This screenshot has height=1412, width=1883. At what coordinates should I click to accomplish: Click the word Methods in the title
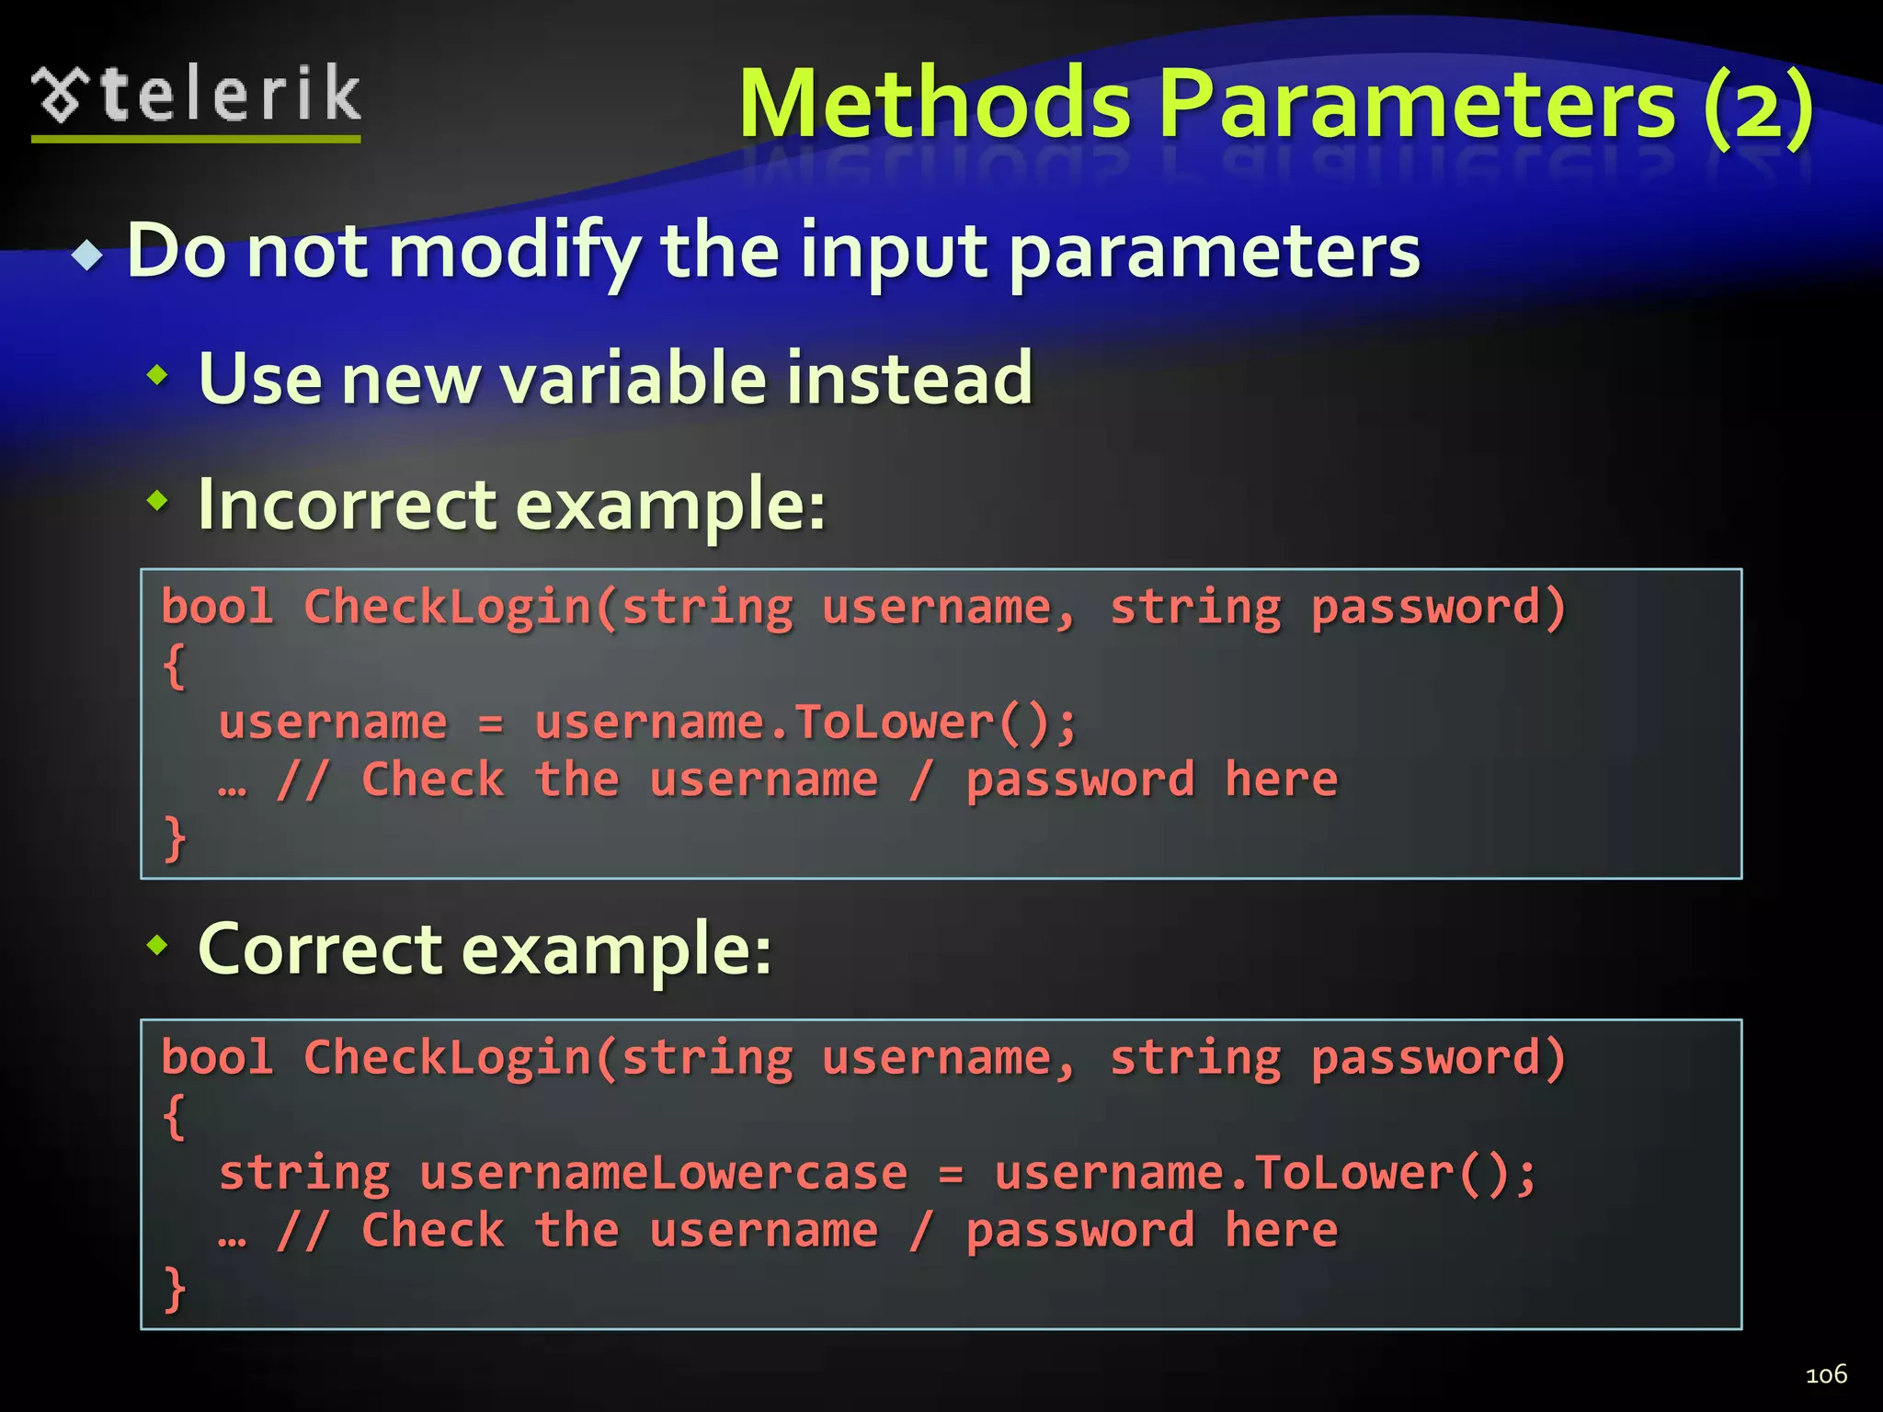click(x=934, y=105)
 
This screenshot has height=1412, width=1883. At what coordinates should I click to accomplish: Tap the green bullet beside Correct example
click(x=158, y=943)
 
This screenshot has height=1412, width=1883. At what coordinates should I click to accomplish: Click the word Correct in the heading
click(x=320, y=949)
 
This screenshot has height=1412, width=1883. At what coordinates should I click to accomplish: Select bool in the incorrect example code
click(x=217, y=607)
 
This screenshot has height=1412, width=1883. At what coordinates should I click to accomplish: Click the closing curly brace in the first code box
click(x=174, y=837)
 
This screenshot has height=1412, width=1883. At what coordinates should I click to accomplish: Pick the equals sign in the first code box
click(x=491, y=724)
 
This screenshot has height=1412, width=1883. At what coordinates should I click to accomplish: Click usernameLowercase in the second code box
click(x=663, y=1174)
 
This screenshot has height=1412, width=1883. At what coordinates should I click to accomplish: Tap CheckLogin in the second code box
click(x=447, y=1057)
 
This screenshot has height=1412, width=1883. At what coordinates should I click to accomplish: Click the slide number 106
click(x=1826, y=1374)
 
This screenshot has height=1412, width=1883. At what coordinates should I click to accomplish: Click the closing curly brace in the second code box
click(x=174, y=1288)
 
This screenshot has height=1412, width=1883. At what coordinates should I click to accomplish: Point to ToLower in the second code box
click(x=1354, y=1174)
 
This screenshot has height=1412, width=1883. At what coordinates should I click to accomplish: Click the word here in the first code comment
click(x=1281, y=780)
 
